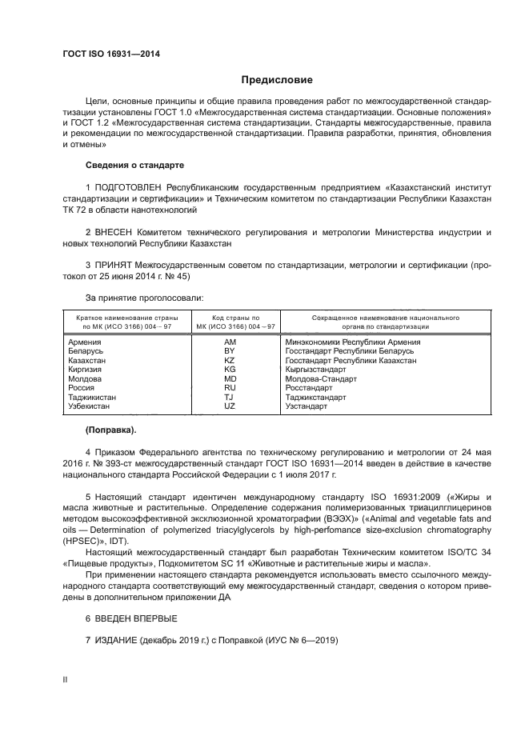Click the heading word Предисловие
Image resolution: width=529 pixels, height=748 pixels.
277,80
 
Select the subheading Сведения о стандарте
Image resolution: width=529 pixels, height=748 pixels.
134,164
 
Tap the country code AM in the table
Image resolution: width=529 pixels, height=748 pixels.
230,342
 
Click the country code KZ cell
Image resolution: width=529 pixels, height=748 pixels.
230,361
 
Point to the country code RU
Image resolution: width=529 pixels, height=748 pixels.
230,388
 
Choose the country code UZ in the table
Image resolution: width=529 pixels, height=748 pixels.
230,406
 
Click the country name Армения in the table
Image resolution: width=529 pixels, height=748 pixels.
85,342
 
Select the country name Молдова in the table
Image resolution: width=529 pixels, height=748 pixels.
85,379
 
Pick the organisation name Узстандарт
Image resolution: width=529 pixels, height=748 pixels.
307,406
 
